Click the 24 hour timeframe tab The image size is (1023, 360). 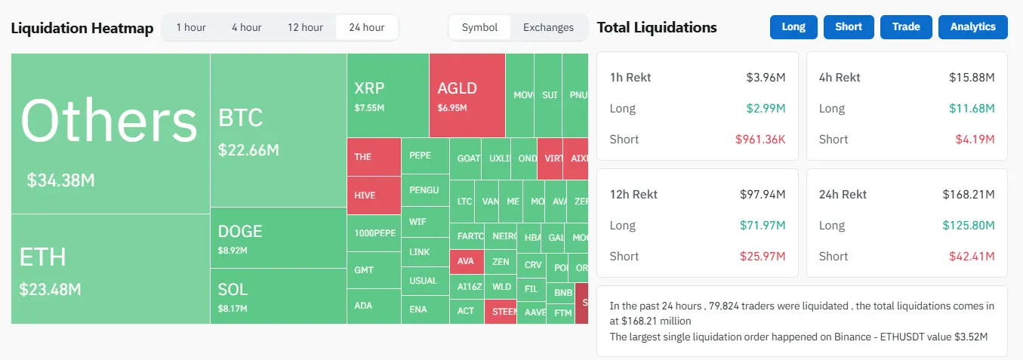(x=366, y=27)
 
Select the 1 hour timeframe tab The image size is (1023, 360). (x=191, y=27)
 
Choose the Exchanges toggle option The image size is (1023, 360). (x=548, y=27)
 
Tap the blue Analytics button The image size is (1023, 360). (x=972, y=26)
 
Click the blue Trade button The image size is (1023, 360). (x=906, y=26)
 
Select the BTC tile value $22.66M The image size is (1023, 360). (x=248, y=150)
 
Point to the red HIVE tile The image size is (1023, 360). (x=374, y=195)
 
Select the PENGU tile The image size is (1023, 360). (x=424, y=190)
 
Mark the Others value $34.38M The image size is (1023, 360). (x=60, y=180)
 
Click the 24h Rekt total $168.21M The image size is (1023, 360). (x=968, y=194)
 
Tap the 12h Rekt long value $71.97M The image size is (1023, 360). (x=763, y=225)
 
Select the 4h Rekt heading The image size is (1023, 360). (x=839, y=77)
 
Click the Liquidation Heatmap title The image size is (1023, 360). (x=82, y=29)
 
